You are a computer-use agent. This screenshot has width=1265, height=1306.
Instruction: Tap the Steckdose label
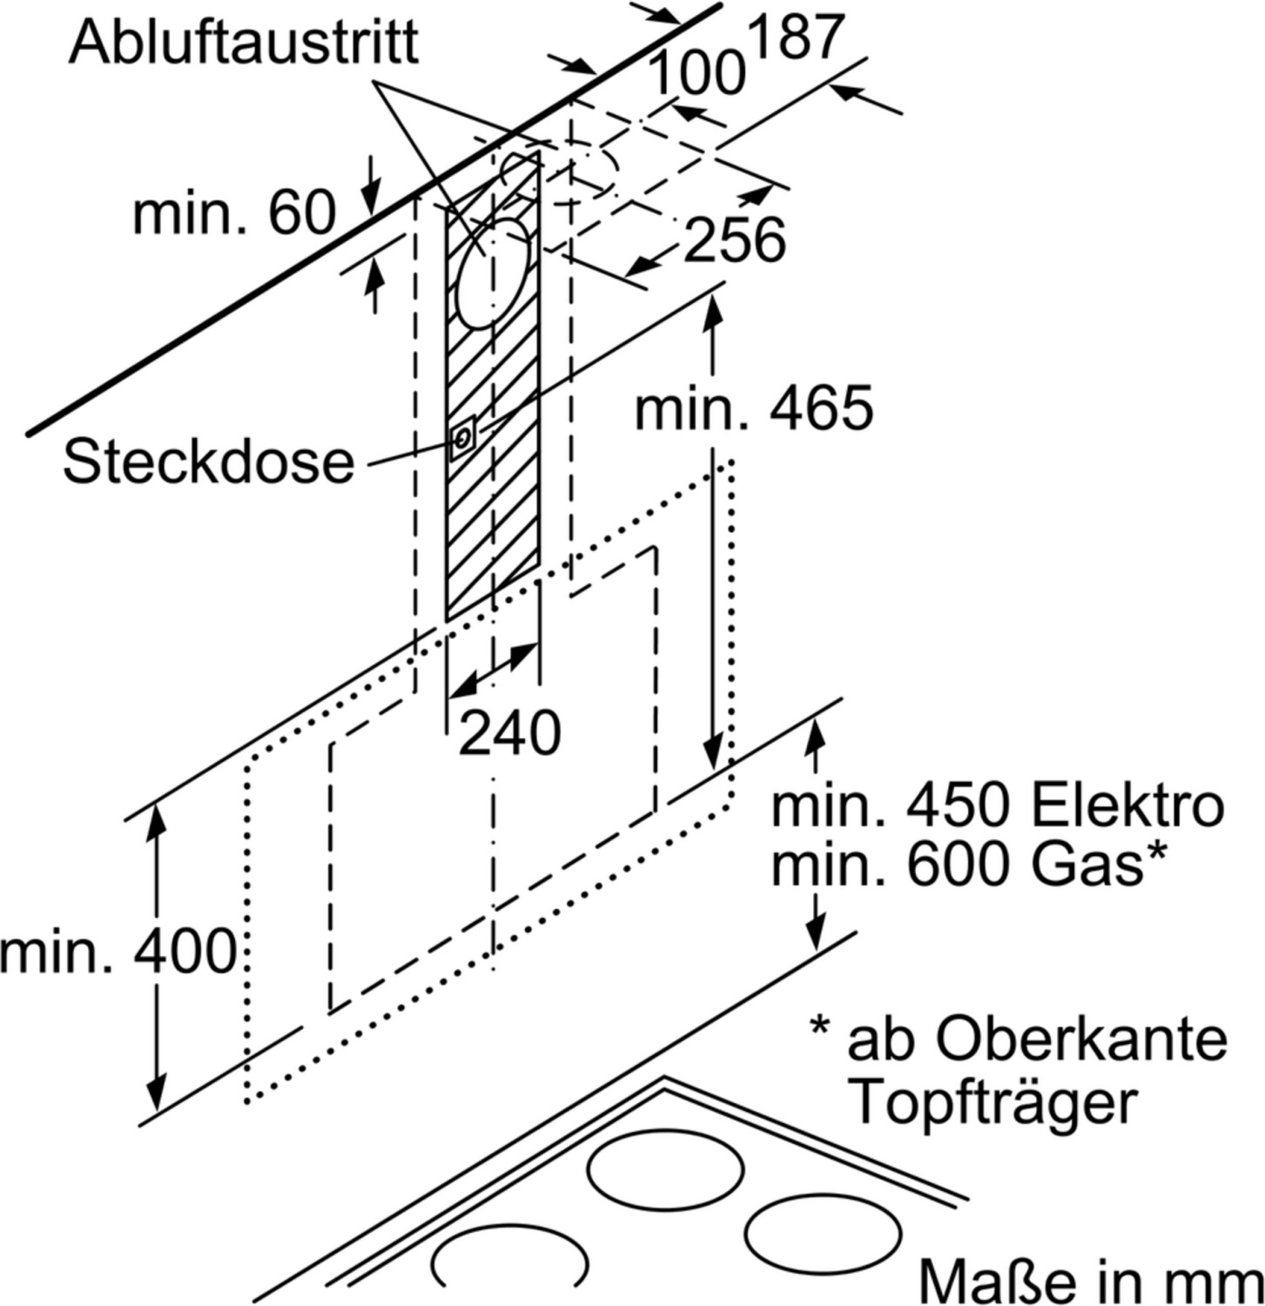[x=208, y=461]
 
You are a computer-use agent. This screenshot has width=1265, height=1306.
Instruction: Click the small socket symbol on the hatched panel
[x=462, y=438]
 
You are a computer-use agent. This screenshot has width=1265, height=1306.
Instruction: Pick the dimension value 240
[x=508, y=733]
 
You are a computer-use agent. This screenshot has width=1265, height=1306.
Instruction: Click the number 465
[x=820, y=407]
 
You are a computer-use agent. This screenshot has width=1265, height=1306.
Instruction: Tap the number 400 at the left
[x=185, y=951]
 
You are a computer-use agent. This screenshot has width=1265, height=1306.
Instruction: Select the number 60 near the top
[x=301, y=212]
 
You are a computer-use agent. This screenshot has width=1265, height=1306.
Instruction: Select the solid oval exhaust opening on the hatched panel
[x=492, y=273]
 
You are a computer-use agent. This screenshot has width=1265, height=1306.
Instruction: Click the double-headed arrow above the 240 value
[x=493, y=670]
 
